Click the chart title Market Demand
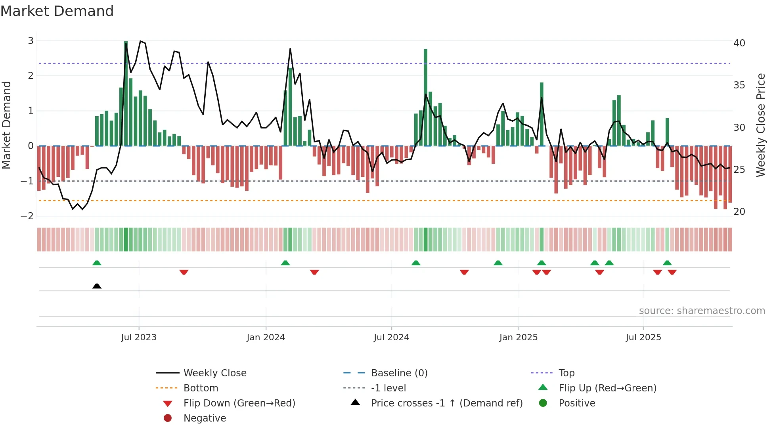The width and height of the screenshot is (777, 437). pyautogui.click(x=57, y=11)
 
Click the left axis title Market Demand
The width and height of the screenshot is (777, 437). pyautogui.click(x=6, y=125)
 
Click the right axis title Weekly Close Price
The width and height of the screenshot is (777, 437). pyautogui.click(x=760, y=125)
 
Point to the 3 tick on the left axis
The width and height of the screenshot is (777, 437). pyautogui.click(x=31, y=41)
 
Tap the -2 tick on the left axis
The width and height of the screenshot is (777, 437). pyautogui.click(x=27, y=216)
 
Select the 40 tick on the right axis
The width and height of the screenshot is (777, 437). pyautogui.click(x=739, y=43)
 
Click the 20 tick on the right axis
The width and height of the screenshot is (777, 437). pyautogui.click(x=739, y=212)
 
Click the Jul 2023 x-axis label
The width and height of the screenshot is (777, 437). pyautogui.click(x=139, y=337)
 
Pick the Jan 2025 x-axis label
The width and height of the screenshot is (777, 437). pyautogui.click(x=518, y=337)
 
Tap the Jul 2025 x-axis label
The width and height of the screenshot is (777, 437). pyautogui.click(x=643, y=337)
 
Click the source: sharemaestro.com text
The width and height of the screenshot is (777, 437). pyautogui.click(x=702, y=311)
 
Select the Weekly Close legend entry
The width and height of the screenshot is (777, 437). pyautogui.click(x=214, y=373)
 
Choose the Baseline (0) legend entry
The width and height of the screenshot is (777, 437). pyautogui.click(x=399, y=373)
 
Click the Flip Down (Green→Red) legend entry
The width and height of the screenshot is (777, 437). pyautogui.click(x=239, y=403)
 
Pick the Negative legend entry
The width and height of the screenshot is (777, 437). pyautogui.click(x=205, y=418)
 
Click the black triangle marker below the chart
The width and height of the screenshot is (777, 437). pyautogui.click(x=97, y=286)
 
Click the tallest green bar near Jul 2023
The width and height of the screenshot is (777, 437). pyautogui.click(x=126, y=93)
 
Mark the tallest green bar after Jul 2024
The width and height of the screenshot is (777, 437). pyautogui.click(x=425, y=97)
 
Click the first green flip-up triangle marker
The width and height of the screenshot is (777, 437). pyautogui.click(x=97, y=263)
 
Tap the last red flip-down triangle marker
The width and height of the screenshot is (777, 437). pyautogui.click(x=672, y=272)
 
